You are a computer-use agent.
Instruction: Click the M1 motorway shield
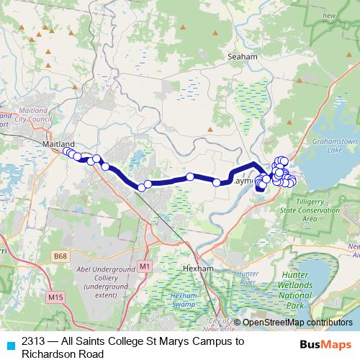pyautogui.click(x=145, y=266)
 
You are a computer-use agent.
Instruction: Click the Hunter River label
pyautogui.click(x=248, y=279)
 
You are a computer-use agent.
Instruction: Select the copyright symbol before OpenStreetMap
pyautogui.click(x=237, y=323)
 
